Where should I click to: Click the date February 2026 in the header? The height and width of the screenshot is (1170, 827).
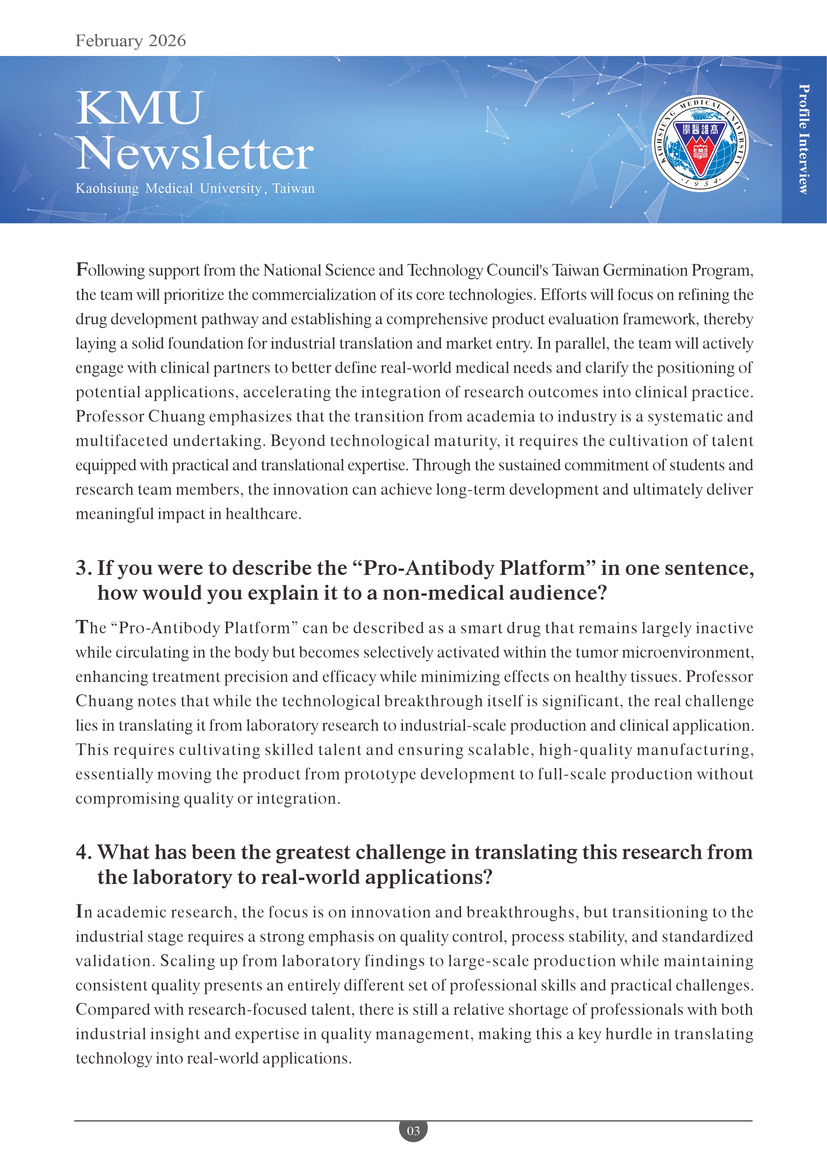pyautogui.click(x=130, y=41)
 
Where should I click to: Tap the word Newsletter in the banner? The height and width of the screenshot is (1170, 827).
pyautogui.click(x=195, y=153)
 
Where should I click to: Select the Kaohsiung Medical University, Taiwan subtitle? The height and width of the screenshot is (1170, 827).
pyautogui.click(x=195, y=188)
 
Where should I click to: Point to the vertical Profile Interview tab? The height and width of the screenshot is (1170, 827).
pyautogui.click(x=804, y=139)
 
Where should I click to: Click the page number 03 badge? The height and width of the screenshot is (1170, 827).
pyautogui.click(x=413, y=1131)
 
